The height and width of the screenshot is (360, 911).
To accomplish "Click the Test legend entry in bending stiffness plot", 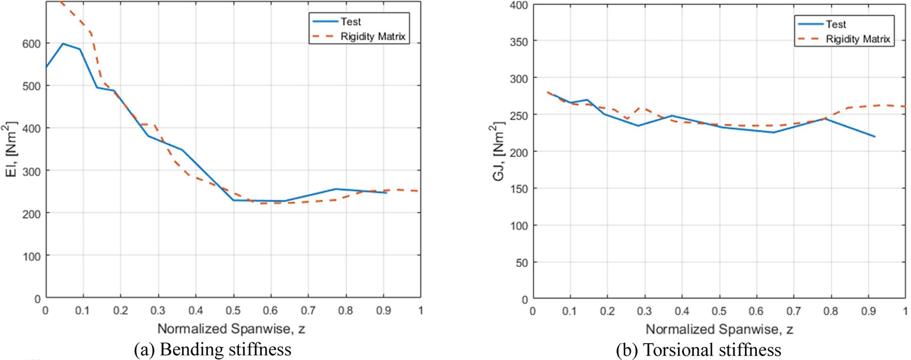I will pyautogui.click(x=350, y=22).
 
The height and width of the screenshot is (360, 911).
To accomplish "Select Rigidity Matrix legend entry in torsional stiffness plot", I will pyautogui.click(x=857, y=39).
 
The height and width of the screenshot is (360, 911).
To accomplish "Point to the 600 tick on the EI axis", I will pyautogui.click(x=31, y=44).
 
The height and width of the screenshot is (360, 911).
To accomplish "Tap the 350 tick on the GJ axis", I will pyautogui.click(x=519, y=41).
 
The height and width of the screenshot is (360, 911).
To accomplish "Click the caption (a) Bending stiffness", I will pyautogui.click(x=213, y=350).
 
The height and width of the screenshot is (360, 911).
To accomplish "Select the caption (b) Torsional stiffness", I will pyautogui.click(x=698, y=350).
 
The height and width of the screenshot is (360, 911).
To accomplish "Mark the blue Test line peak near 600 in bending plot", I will pyautogui.click(x=63, y=44).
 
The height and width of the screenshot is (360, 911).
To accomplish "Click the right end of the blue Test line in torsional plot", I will pyautogui.click(x=875, y=137).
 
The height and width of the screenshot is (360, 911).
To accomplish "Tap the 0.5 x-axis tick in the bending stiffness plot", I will pyautogui.click(x=233, y=310).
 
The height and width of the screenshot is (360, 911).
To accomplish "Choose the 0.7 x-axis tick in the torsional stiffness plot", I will pyautogui.click(x=793, y=311).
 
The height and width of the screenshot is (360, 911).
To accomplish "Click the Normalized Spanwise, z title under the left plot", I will pyautogui.click(x=231, y=329).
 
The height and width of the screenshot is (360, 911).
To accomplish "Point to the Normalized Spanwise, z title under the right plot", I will pyautogui.click(x=719, y=329).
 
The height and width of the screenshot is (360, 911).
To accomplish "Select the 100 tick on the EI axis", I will pyautogui.click(x=31, y=256).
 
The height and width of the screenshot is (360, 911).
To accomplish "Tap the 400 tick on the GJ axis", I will pyautogui.click(x=519, y=5).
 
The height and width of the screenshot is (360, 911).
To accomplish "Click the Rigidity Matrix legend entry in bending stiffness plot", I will pyautogui.click(x=372, y=36).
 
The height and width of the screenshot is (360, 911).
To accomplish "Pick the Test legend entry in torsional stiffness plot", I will pyautogui.click(x=835, y=24).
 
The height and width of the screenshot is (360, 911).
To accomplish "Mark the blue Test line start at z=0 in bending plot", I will pyautogui.click(x=47, y=67).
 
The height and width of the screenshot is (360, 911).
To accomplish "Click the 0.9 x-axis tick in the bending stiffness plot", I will pyautogui.click(x=383, y=310).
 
